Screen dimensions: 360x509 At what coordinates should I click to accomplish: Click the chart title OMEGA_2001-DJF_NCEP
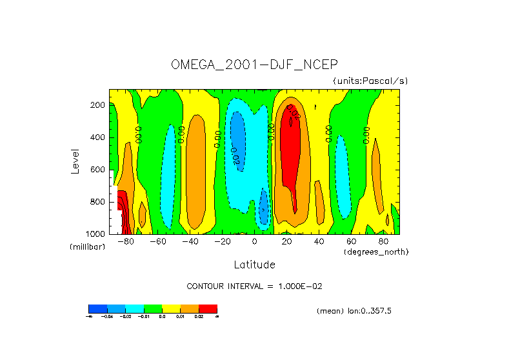click(x=254, y=65)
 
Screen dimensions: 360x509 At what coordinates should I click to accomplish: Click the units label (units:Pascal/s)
click(x=370, y=81)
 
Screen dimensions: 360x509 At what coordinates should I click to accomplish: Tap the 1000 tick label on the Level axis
click(x=95, y=234)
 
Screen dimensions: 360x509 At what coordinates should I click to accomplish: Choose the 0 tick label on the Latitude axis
click(x=255, y=242)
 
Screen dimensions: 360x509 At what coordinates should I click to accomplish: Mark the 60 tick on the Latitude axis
click(x=352, y=242)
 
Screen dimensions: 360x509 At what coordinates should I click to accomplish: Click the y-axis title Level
click(x=76, y=161)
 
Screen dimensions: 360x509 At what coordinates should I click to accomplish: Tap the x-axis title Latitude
click(x=254, y=265)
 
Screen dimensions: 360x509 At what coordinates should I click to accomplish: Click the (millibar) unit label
click(x=87, y=247)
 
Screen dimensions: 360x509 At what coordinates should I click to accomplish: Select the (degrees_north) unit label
click(x=376, y=251)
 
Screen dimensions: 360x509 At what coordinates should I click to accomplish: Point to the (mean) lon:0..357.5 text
click(x=354, y=311)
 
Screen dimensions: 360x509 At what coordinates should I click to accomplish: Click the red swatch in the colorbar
click(x=208, y=308)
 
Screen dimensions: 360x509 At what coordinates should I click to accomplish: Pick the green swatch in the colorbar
click(x=152, y=308)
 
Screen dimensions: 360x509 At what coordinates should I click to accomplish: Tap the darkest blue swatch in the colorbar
click(x=97, y=308)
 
